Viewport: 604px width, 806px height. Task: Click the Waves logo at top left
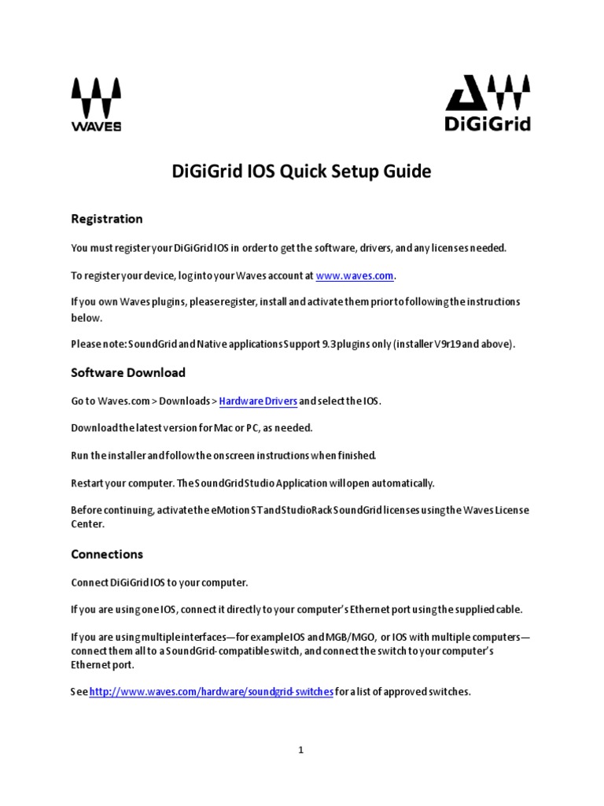tap(96, 104)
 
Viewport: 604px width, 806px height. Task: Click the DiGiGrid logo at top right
tap(488, 102)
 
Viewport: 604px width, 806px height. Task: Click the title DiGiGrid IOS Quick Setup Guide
tap(301, 172)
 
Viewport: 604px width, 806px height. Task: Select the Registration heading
tap(107, 219)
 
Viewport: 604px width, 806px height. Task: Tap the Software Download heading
tap(128, 372)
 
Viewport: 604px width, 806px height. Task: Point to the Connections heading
tap(107, 554)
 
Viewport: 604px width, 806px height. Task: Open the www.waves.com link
tap(355, 276)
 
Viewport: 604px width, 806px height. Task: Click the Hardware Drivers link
tap(258, 401)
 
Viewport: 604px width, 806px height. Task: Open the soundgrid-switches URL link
tap(212, 692)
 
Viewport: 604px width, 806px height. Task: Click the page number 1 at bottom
tap(301, 750)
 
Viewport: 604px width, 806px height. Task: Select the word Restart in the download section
tap(90, 482)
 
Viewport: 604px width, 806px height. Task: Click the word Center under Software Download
tap(87, 523)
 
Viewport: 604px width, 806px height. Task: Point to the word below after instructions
tap(87, 318)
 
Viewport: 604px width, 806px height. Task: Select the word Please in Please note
tap(87, 345)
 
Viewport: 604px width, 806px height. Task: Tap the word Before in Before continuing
tap(88, 510)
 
